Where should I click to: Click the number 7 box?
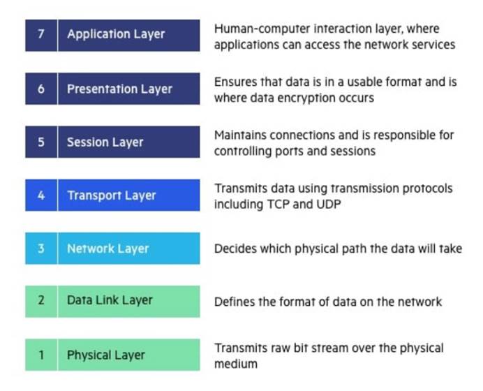(41, 36)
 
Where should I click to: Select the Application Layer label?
(116, 34)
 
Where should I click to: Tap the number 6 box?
(41, 89)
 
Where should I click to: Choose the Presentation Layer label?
(119, 89)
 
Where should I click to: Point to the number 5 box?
(41, 142)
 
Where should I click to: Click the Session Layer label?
(105, 142)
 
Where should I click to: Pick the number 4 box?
(41, 195)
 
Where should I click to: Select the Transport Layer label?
(112, 195)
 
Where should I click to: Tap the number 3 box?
(41, 249)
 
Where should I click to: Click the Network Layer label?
(107, 249)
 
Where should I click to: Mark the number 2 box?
(41, 302)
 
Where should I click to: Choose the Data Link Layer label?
(110, 300)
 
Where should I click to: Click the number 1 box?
(41, 355)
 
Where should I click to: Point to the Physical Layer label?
(106, 355)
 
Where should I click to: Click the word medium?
(236, 364)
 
